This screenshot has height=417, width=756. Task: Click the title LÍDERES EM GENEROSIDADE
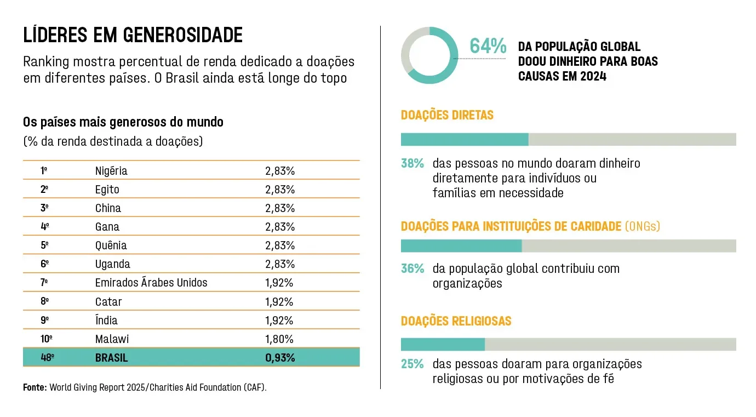[x=133, y=36]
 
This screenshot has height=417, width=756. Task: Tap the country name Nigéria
[x=111, y=171]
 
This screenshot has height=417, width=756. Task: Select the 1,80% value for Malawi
[x=279, y=339]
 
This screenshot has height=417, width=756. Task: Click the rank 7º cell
[x=44, y=283]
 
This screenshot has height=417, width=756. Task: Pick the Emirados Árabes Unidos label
[x=151, y=283]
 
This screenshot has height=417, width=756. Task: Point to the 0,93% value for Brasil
[x=280, y=358]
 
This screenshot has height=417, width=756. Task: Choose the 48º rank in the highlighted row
[x=48, y=358]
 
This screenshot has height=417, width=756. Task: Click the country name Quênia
[x=111, y=245]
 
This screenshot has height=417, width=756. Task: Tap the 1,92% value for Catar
[x=279, y=302]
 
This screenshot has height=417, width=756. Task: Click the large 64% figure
[x=488, y=47]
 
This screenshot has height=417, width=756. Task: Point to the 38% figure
[x=413, y=163]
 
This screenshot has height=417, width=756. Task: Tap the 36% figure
[x=413, y=269]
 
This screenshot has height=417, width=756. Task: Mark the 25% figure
[x=413, y=364]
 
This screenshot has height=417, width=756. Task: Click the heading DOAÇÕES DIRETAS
[x=447, y=115]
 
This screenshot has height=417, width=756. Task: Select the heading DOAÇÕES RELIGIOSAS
[x=456, y=321]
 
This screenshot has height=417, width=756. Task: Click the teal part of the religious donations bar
[x=443, y=344]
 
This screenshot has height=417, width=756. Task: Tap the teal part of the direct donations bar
[x=465, y=139]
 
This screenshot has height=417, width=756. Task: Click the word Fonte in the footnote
[x=35, y=387]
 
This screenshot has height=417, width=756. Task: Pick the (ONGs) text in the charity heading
[x=643, y=226]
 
